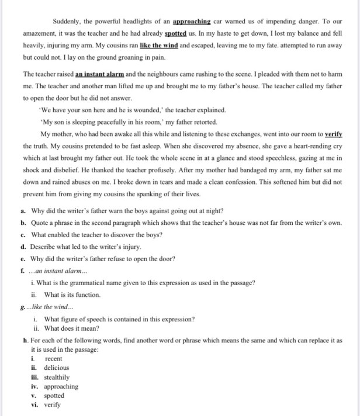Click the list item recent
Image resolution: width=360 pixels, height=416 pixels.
pyautogui.click(x=53, y=358)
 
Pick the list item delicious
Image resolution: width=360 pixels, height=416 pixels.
pyautogui.click(x=56, y=368)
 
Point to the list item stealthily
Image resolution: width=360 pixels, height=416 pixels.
pyautogui.click(x=57, y=377)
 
